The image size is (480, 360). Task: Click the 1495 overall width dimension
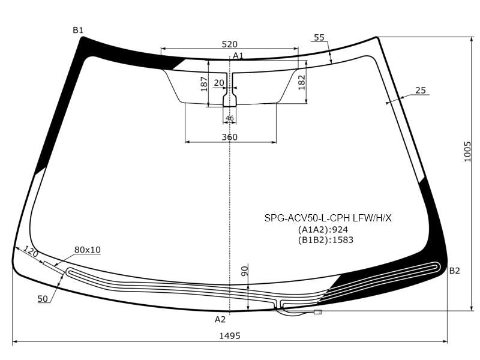click(230, 336)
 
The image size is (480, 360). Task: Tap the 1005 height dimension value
click(467, 152)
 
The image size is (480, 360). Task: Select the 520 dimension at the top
click(230, 44)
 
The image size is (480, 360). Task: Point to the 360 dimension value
click(230, 137)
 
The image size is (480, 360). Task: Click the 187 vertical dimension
click(204, 84)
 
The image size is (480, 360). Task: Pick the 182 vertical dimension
click(302, 82)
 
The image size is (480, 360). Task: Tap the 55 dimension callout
click(319, 38)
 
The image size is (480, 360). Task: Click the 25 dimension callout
click(421, 91)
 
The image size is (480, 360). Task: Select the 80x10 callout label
click(88, 250)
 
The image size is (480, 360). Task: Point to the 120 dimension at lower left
click(31, 251)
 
